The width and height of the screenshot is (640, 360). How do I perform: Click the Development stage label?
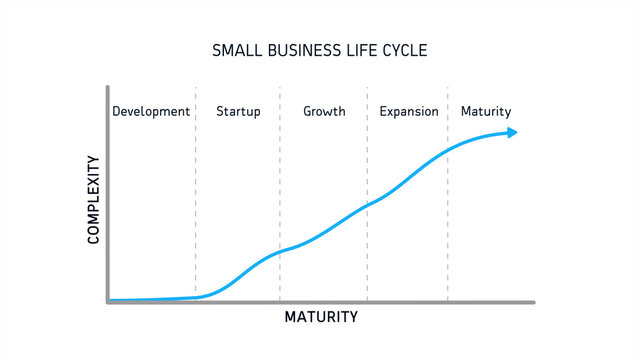151,111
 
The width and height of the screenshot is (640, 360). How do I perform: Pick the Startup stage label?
238,111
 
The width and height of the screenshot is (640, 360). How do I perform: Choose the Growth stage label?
324,111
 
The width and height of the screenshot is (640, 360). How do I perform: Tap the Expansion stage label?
409,111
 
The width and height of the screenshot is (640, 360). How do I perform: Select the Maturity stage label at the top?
486,111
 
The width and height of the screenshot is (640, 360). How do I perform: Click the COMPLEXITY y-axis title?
94,199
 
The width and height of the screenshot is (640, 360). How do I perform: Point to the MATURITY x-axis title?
321,318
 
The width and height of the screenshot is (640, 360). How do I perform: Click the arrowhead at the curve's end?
512,132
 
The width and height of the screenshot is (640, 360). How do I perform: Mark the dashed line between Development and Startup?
196,200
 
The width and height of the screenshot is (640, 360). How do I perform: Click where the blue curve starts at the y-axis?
110,299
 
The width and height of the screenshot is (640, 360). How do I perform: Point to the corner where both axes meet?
107,301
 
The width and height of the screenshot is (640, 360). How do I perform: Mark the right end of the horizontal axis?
534,301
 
